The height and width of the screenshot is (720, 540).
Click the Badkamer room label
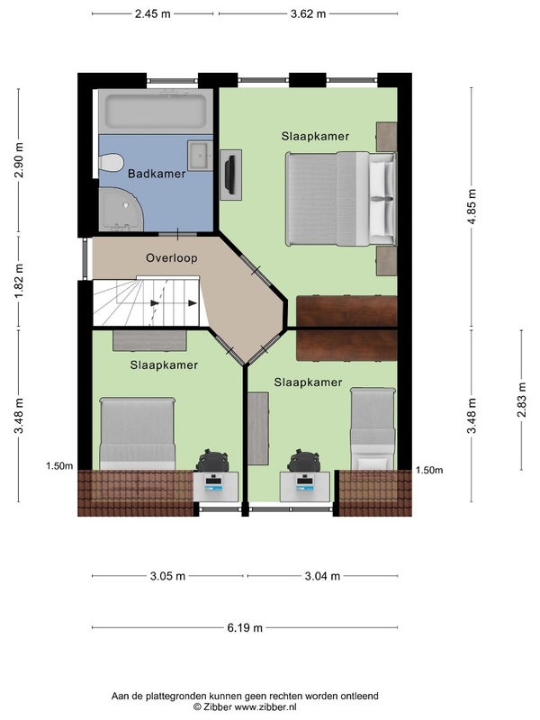pos(157,174)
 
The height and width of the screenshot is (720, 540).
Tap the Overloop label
pos(172,258)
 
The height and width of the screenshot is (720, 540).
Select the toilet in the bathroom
pos(111,163)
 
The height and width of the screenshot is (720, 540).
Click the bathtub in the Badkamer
pos(156,112)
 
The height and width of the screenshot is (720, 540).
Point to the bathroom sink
pos(200,156)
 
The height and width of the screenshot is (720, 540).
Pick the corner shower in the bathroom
pos(121,210)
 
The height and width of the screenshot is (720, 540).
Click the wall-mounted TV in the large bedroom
pos(230,175)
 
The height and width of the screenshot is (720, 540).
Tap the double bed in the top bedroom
pos(340,198)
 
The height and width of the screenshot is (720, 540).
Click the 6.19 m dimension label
pos(245,627)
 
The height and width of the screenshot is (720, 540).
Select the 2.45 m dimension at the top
pos(152,13)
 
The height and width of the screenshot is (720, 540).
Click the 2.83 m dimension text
pos(522,400)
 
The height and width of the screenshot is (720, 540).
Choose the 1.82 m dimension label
pos(18,281)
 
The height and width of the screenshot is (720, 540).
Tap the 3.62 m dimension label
pos(308,13)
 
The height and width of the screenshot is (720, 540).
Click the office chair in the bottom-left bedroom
pos(212,460)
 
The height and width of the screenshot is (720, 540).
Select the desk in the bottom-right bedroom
pos(305,487)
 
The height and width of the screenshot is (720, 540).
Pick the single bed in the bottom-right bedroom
pos(373,428)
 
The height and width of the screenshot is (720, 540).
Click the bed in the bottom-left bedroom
pos(138,434)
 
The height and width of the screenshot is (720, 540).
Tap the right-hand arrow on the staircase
pos(192,303)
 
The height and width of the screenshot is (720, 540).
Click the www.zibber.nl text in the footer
pos(265,707)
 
